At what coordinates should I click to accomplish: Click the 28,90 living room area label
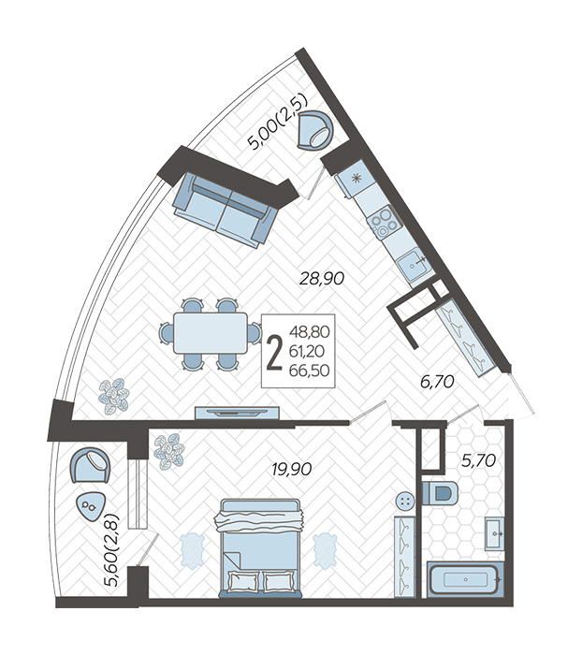coord(322,278)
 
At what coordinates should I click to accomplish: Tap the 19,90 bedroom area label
coord(292,469)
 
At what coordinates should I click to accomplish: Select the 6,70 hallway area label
coord(437,382)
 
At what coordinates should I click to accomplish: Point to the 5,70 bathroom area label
coord(478,460)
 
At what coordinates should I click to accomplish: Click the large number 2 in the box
coord(274,351)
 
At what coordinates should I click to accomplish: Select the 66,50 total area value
coord(309,371)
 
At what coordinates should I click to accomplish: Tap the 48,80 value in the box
coord(309,332)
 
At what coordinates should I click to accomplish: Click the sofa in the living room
coord(226,210)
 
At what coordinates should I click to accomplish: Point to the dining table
coord(211,333)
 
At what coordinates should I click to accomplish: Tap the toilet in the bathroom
coord(440,493)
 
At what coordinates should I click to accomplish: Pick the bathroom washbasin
coord(495,533)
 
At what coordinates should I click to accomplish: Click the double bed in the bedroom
coord(260,547)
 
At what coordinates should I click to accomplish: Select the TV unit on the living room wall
coord(237,413)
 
